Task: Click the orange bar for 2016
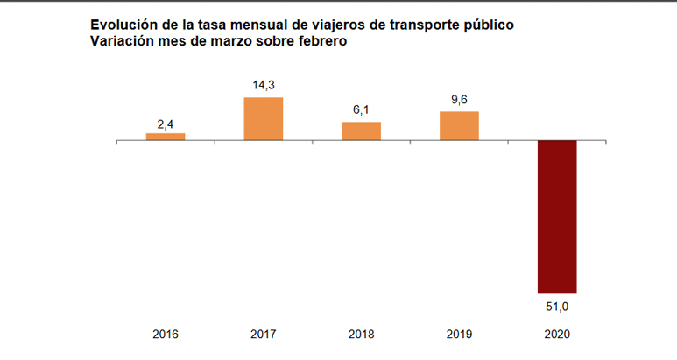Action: [x=166, y=137]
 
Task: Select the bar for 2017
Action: [x=264, y=118]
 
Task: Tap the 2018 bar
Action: [x=361, y=131]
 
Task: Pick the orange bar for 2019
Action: [x=459, y=125]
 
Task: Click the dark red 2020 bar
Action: [x=557, y=216]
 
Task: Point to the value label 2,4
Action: [x=166, y=124]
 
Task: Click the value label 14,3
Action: [x=264, y=86]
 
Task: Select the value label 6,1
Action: [x=361, y=111]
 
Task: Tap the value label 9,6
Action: [x=459, y=100]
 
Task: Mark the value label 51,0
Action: [x=557, y=307]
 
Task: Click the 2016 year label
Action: [x=166, y=334]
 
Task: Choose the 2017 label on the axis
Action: [x=264, y=334]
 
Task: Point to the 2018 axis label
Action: [x=361, y=334]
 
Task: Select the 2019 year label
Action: [x=459, y=334]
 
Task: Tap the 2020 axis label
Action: [x=557, y=334]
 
